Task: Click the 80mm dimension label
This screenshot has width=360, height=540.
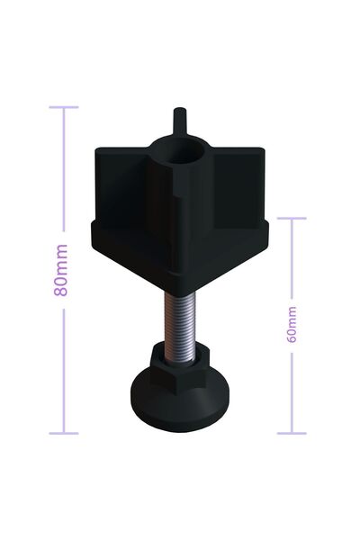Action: pyautogui.click(x=61, y=270)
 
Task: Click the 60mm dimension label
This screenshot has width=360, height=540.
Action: pyautogui.click(x=292, y=324)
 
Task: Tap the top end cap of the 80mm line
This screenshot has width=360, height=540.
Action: pyautogui.click(x=64, y=107)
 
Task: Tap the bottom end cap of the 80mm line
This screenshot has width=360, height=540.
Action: pyautogui.click(x=64, y=433)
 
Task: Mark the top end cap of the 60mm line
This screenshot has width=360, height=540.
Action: pyautogui.click(x=292, y=218)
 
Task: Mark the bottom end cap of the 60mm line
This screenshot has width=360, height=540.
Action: pyautogui.click(x=292, y=433)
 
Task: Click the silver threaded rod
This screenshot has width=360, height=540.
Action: pyautogui.click(x=179, y=328)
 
